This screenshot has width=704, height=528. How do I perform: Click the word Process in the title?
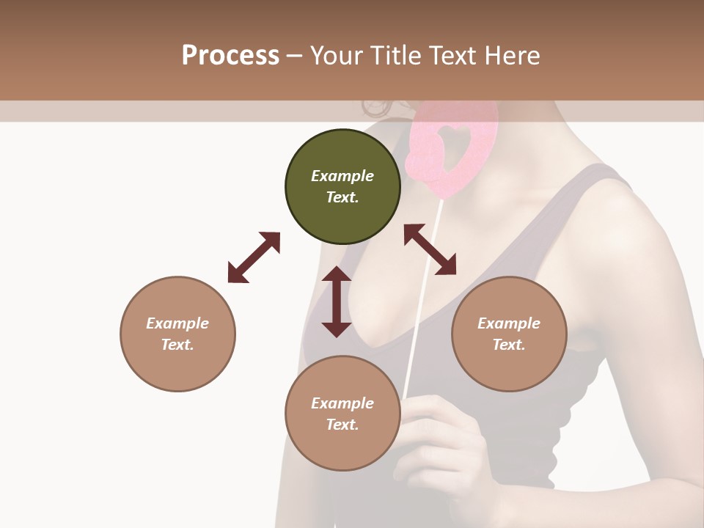230,56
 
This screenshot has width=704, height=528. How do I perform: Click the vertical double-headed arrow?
337,301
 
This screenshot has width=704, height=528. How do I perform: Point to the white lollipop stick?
424,293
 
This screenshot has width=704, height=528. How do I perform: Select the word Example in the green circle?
342,176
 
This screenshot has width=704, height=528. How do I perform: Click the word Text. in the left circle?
177,345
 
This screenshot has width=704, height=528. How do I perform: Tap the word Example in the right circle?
509,323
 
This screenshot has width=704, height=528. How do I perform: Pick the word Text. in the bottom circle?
342,425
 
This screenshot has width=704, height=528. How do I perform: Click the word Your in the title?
334,56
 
